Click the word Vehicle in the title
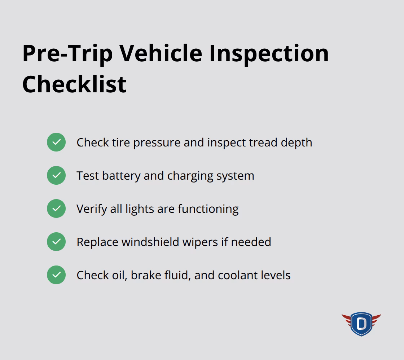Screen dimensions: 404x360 pyautogui.click(x=161, y=54)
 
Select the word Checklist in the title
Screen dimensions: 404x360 pyautogui.click(x=74, y=84)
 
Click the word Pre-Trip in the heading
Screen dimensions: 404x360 pyautogui.click(x=67, y=54)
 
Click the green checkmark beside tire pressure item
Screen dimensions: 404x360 pyautogui.click(x=56, y=142)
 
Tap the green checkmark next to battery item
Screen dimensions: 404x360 pyautogui.click(x=56, y=175)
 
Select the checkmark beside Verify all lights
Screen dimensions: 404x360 pyautogui.click(x=56, y=208)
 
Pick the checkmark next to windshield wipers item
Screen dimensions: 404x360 pyautogui.click(x=56, y=242)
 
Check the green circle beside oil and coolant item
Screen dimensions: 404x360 pyautogui.click(x=56, y=275)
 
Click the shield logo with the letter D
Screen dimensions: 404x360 pyautogui.click(x=361, y=324)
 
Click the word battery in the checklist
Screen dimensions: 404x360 pyautogui.click(x=121, y=176)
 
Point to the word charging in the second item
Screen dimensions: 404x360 pyautogui.click(x=190, y=176)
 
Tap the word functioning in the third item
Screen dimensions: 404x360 pyautogui.click(x=208, y=209)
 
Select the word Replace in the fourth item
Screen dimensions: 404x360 pyautogui.click(x=97, y=242)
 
